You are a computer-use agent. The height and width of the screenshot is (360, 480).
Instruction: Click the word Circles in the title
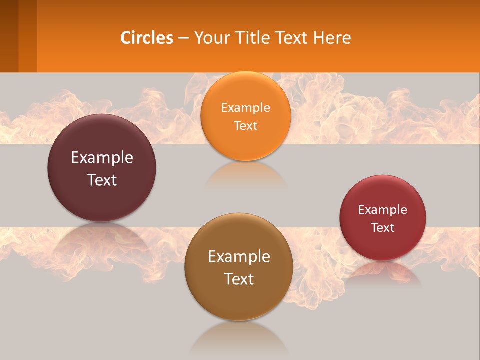point(147,38)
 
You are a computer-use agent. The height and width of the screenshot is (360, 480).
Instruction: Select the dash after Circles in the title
point(183,38)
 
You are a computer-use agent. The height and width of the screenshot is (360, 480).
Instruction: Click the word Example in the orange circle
point(245,108)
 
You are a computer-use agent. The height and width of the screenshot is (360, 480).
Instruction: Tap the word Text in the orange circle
point(245,125)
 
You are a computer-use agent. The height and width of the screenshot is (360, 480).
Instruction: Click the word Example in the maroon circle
point(102,158)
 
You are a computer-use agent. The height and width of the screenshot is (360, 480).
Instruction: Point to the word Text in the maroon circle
point(102,180)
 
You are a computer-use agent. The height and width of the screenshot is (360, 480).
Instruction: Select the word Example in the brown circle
point(239,257)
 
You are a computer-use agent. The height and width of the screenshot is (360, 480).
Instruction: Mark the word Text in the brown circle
point(239,279)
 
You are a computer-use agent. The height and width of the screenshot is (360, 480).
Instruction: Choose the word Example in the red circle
point(383,210)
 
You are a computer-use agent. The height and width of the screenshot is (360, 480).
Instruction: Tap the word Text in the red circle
point(383,228)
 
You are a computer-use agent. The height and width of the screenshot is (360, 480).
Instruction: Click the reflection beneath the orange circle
point(245,175)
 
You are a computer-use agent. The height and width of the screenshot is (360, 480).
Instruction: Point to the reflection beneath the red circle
point(383,274)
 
